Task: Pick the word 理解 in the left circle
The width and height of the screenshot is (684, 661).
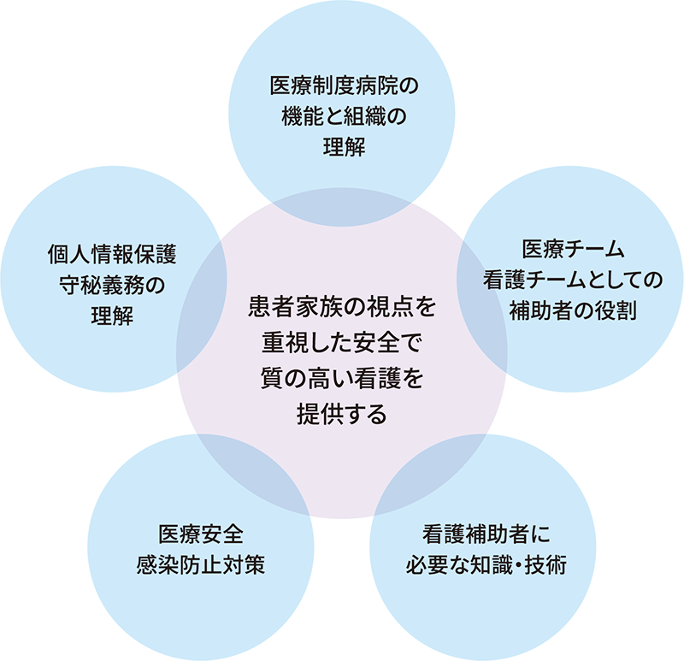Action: (112, 316)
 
